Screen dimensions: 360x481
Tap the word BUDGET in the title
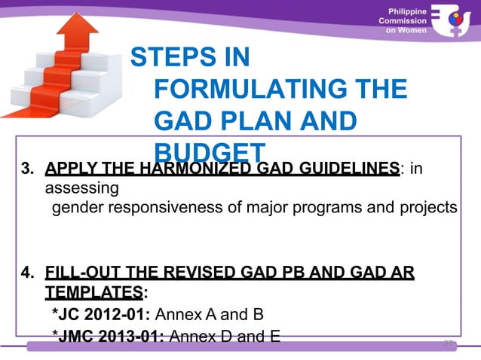coord(209,151)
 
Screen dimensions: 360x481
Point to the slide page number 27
coord(449,343)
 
